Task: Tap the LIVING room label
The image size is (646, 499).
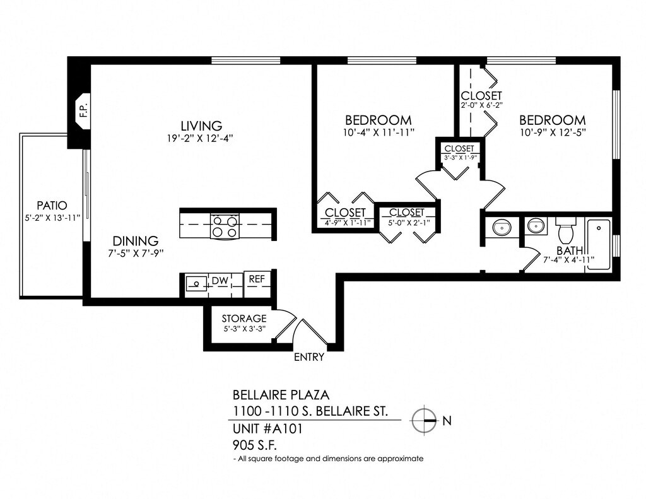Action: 201,125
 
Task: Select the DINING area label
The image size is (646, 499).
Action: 136,241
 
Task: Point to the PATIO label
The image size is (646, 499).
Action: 52,205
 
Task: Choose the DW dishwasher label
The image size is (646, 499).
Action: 219,280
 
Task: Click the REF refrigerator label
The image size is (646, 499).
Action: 256,279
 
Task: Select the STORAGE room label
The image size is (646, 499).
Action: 244,319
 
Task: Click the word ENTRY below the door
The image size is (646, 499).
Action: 309,357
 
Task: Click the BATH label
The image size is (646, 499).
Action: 570,251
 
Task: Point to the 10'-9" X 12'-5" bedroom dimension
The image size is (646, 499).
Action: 553,133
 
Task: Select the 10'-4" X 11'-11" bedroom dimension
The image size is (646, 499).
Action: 379,133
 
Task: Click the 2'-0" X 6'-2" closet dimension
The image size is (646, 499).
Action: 481,105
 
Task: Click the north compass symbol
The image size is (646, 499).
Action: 425,420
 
